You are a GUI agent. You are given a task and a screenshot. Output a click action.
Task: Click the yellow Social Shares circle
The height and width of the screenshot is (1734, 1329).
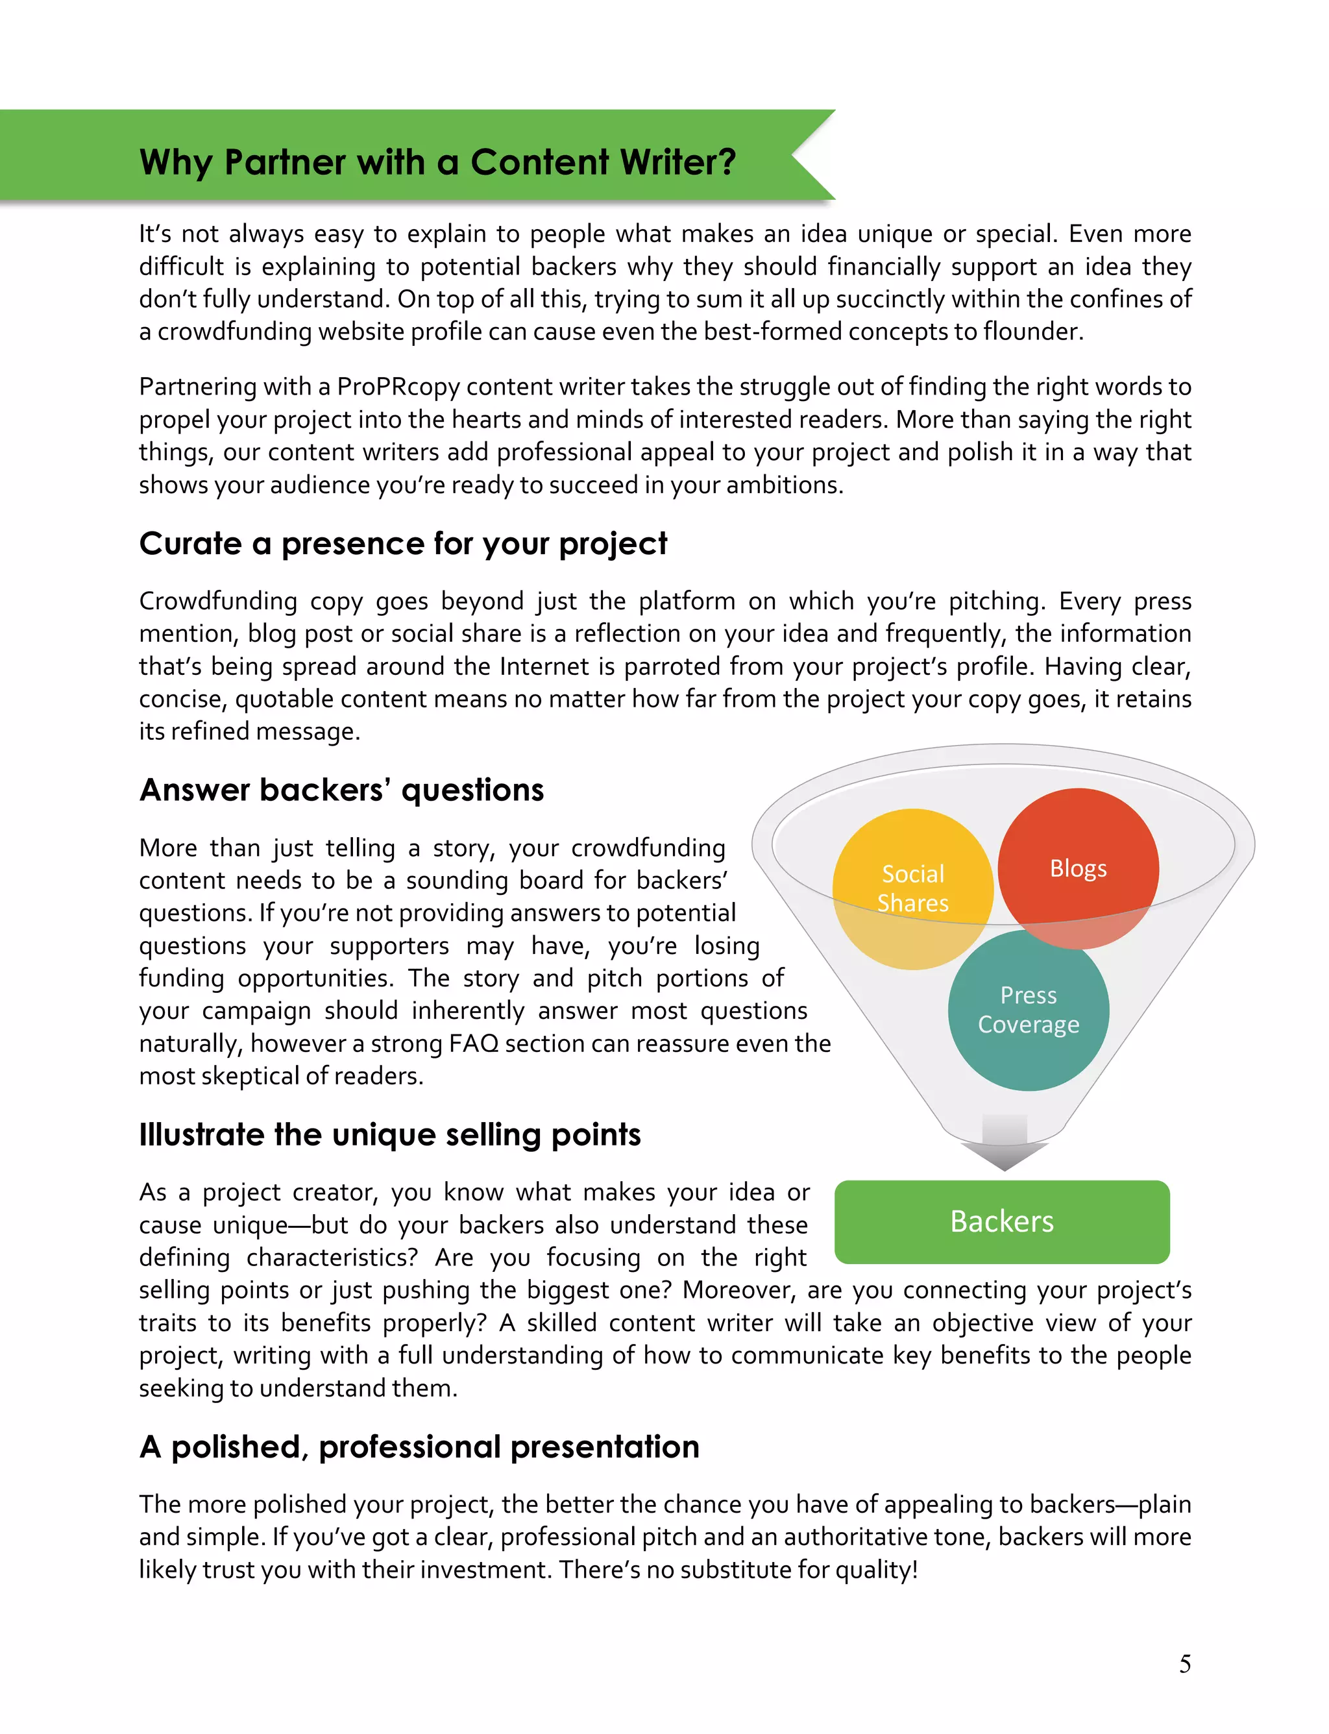[913, 888]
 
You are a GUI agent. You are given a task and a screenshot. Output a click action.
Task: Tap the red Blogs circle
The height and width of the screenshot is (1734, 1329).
[1079, 868]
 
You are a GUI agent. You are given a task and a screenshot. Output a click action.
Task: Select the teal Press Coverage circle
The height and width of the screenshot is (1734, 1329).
[1029, 1010]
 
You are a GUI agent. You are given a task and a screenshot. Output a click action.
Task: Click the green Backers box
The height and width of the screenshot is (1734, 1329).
[1001, 1221]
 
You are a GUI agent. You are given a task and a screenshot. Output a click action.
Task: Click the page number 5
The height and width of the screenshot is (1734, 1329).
[1184, 1664]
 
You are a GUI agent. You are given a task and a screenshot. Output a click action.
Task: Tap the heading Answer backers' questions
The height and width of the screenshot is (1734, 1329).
[342, 790]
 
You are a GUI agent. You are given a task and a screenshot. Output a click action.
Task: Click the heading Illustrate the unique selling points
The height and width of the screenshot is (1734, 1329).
[390, 1134]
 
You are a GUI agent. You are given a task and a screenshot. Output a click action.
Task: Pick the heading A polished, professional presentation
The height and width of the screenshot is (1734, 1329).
[419, 1446]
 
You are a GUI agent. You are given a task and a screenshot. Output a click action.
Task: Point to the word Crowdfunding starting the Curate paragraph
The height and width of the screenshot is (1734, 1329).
[218, 601]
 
